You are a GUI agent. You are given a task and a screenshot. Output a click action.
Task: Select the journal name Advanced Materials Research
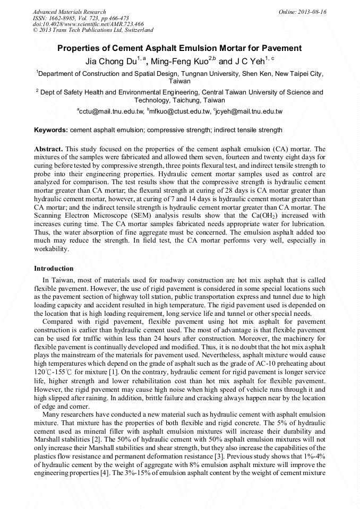[x=69, y=12]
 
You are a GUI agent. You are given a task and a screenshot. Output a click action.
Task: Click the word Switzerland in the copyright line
[x=136, y=30]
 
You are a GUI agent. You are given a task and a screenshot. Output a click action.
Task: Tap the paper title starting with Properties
[x=179, y=48]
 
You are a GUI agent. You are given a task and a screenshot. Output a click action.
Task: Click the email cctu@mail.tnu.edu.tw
[x=112, y=111]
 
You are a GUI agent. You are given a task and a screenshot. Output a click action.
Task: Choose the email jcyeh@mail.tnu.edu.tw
[x=249, y=111]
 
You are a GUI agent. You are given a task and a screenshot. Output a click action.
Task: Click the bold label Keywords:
[x=51, y=130]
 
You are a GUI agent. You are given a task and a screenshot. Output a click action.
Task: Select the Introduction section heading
[x=54, y=269]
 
